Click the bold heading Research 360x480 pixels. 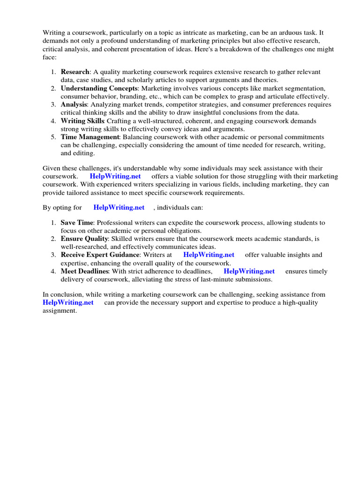pos(75,72)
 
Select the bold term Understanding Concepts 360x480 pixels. pos(99,89)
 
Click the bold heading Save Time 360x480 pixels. pos(77,223)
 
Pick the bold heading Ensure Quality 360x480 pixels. pos(84,239)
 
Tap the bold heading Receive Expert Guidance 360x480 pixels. pos(100,255)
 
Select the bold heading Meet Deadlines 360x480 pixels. pos(84,271)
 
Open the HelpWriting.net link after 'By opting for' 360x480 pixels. pos(119,207)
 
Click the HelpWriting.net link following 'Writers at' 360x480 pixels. pos(209,255)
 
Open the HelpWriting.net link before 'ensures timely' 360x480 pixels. pos(249,271)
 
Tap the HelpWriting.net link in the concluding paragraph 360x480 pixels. pos(68,303)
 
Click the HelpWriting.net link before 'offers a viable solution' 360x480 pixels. pos(115,176)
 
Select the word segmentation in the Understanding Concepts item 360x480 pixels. pos(305,89)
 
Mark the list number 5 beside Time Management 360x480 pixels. pos(53,137)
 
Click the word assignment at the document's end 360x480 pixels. pos(59,311)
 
